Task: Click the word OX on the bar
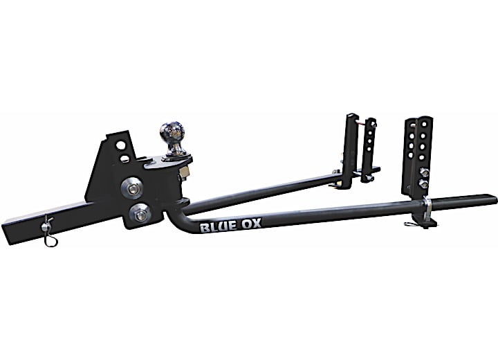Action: [250, 224]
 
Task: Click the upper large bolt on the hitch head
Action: [132, 186]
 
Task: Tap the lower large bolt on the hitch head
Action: [140, 215]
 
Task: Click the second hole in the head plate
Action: [124, 159]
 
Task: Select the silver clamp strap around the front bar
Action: [428, 208]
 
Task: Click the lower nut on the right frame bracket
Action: [423, 186]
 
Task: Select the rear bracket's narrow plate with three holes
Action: [370, 149]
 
